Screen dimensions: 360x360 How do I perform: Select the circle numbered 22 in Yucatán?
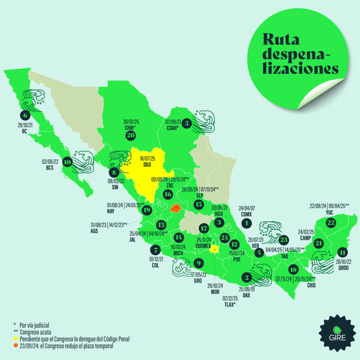[331, 222]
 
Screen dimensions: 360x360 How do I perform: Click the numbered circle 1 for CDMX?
[247, 223]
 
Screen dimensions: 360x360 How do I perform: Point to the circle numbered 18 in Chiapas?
[293, 270]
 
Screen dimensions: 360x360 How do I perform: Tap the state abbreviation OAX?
[246, 295]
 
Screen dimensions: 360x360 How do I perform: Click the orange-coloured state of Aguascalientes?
[175, 208]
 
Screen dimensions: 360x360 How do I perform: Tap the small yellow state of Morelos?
[214, 249]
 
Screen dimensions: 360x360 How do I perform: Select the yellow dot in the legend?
[15, 339]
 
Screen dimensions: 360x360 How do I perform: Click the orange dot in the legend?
[15, 346]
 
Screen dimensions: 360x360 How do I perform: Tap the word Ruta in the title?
[281, 39]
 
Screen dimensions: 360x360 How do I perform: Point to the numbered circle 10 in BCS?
[67, 162]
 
